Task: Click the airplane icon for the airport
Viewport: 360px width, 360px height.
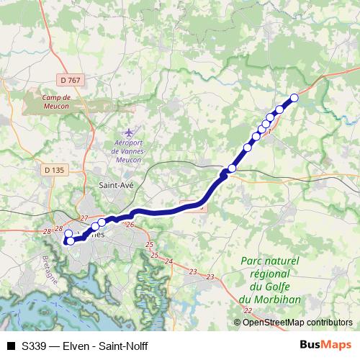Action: click(x=128, y=133)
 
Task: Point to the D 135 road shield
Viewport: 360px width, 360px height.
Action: click(x=54, y=171)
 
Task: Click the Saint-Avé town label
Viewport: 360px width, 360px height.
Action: click(x=114, y=185)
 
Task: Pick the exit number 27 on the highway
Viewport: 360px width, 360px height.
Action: click(x=84, y=218)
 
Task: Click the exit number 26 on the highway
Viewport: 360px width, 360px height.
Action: click(x=130, y=225)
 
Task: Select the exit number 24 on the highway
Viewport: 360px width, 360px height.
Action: click(x=170, y=261)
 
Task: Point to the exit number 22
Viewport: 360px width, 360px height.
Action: click(x=248, y=310)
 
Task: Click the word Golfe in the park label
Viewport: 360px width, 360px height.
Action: click(x=279, y=287)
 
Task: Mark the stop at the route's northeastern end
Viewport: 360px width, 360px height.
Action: click(x=294, y=99)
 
